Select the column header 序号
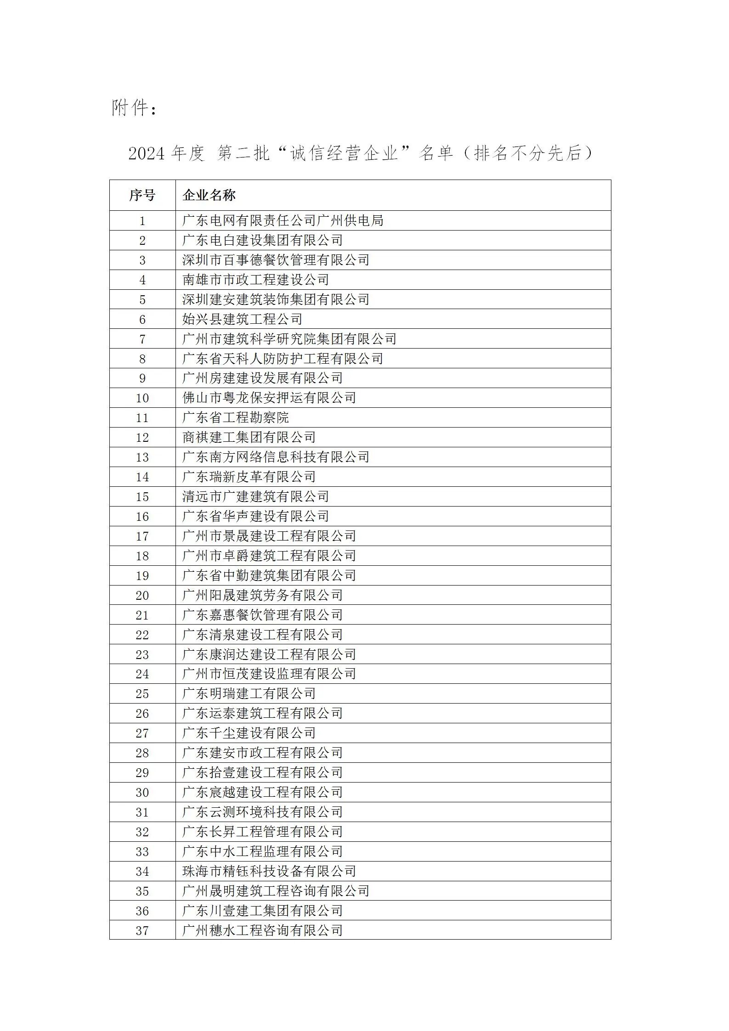click(x=142, y=196)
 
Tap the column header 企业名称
click(x=209, y=196)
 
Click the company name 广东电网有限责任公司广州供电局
click(x=283, y=221)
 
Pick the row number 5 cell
click(x=142, y=300)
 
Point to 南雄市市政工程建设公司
click(x=255, y=280)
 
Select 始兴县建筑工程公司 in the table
click(x=242, y=319)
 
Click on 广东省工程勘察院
click(x=235, y=418)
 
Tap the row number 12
click(x=142, y=438)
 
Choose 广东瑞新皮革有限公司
click(x=249, y=477)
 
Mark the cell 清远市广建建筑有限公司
click(x=255, y=497)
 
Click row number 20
click(x=142, y=596)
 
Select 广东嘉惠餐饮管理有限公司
click(x=262, y=615)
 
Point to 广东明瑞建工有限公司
click(x=249, y=694)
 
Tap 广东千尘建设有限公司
click(x=249, y=733)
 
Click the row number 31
click(x=142, y=812)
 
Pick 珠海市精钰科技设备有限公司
click(x=269, y=872)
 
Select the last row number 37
click(x=142, y=931)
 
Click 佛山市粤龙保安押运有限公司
click(x=269, y=398)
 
